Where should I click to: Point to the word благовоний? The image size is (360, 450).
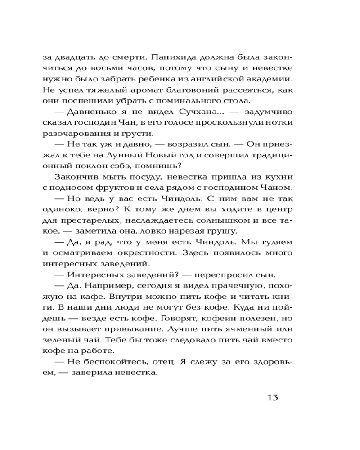click(x=190, y=90)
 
